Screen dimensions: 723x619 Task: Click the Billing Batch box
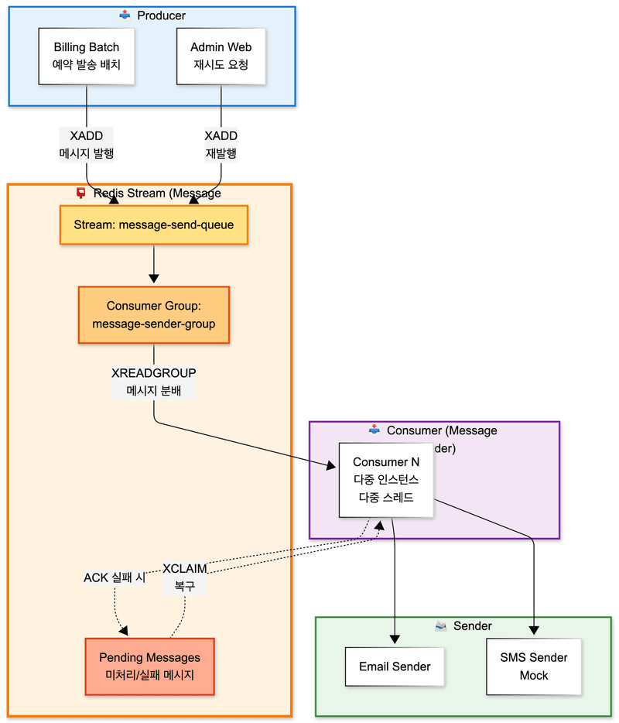(x=86, y=56)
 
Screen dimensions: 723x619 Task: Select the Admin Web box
(x=221, y=56)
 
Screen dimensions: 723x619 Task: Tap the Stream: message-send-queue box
(x=154, y=225)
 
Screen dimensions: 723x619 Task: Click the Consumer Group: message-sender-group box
(x=154, y=315)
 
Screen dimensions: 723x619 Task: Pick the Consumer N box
(x=386, y=480)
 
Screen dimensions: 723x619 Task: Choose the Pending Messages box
(x=149, y=666)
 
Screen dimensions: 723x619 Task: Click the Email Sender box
(x=395, y=666)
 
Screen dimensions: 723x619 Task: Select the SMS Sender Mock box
(x=533, y=666)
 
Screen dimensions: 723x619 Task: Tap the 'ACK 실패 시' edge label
(x=115, y=577)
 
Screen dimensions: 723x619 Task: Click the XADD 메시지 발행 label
(x=87, y=145)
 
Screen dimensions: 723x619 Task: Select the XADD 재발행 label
(x=221, y=145)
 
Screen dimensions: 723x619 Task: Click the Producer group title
(x=161, y=15)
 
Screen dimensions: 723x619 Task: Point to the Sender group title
(x=472, y=625)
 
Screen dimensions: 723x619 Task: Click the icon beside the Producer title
(x=125, y=15)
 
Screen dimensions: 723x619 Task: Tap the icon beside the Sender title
(x=441, y=625)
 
